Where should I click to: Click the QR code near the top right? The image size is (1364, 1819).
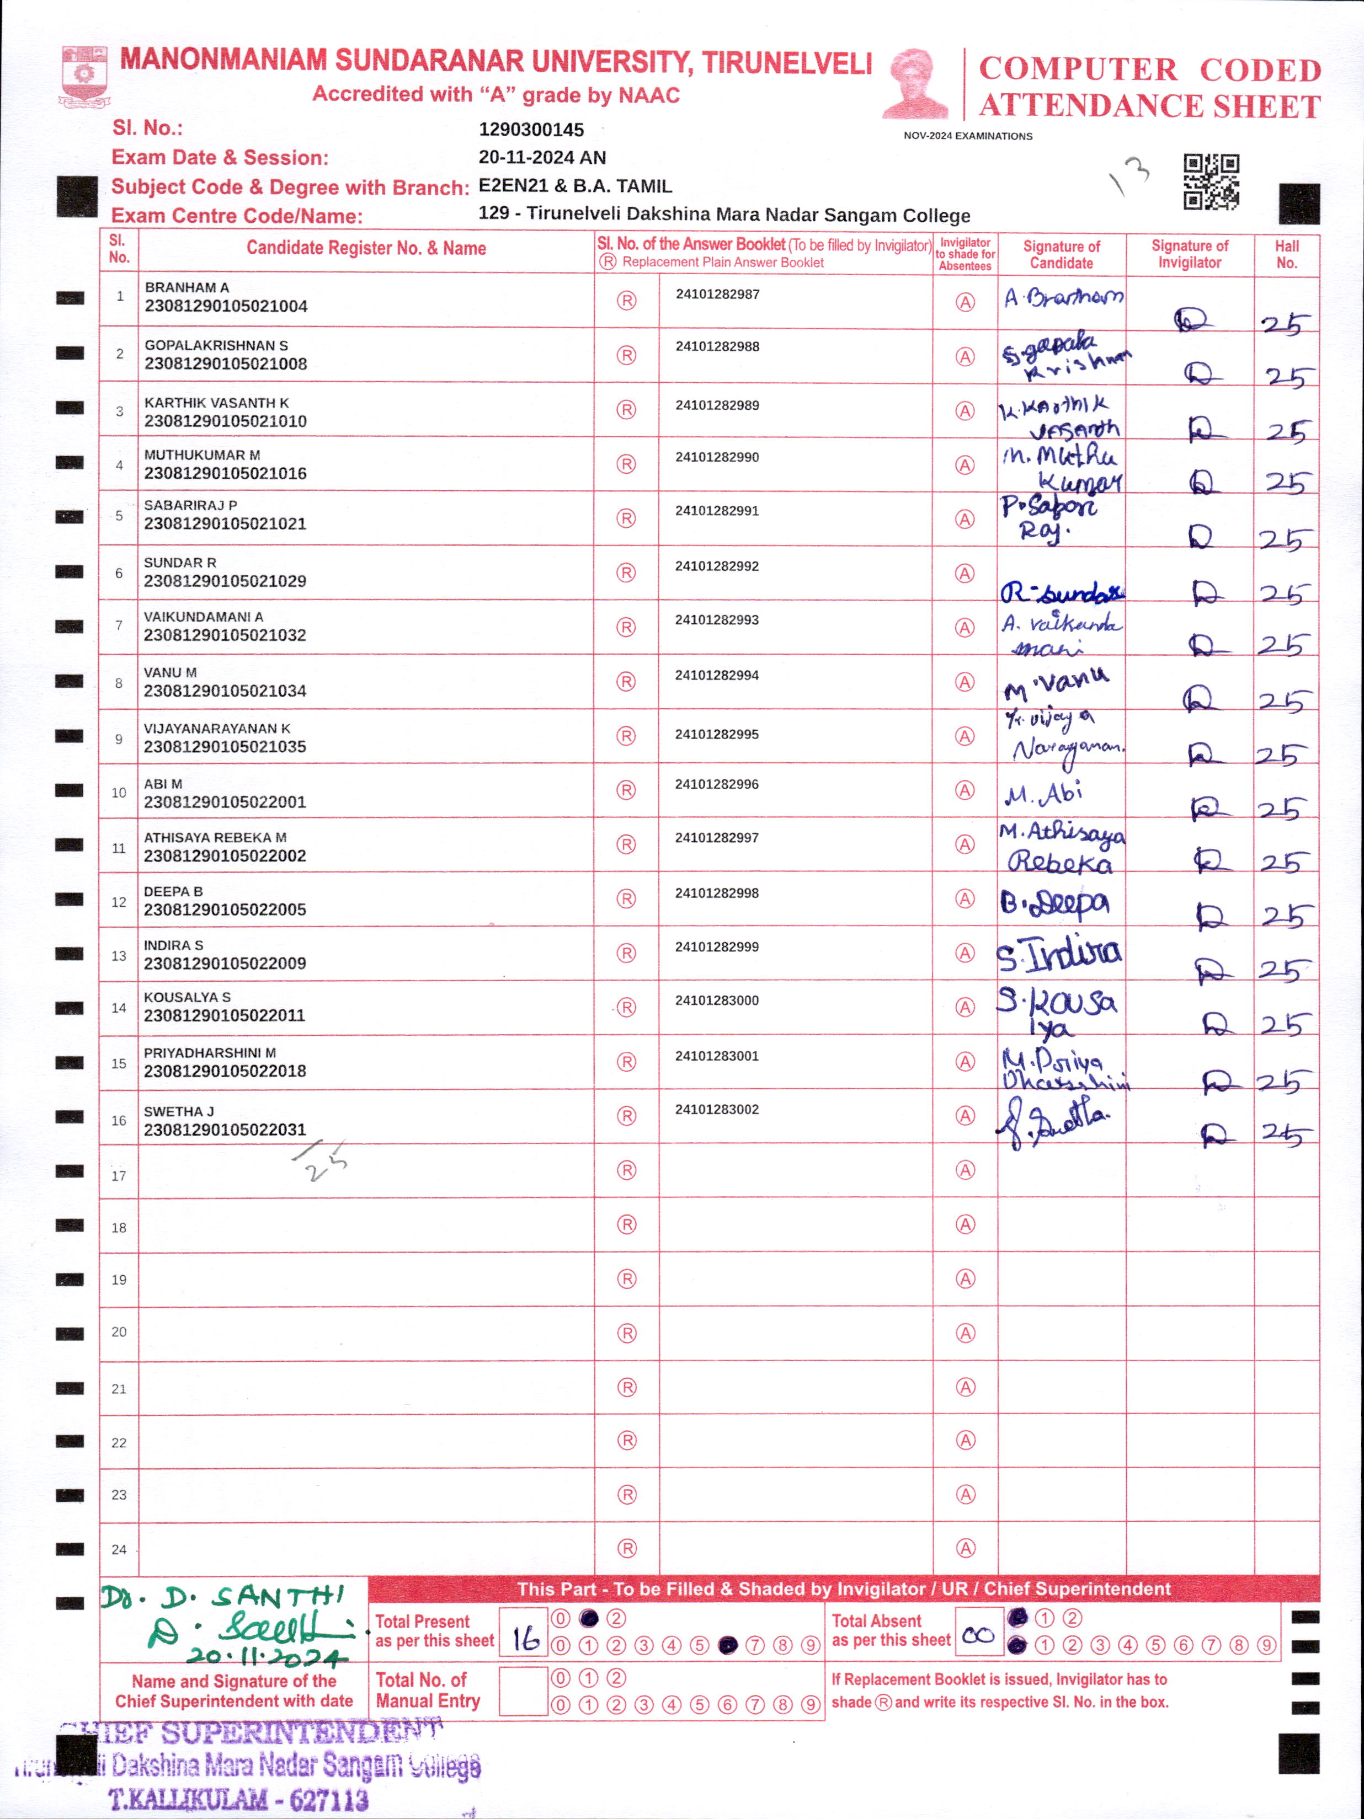(1211, 182)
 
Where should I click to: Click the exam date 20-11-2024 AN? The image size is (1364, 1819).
(542, 158)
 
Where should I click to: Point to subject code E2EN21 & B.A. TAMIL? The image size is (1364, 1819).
(575, 186)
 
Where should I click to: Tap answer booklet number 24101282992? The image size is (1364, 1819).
(717, 566)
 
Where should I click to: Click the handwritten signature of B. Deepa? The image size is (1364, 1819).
(1054, 903)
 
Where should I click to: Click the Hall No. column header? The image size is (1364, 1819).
(1287, 254)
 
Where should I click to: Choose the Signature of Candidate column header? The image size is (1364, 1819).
(1061, 254)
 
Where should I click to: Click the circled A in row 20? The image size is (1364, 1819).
(965, 1333)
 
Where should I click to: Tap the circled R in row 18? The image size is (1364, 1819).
(627, 1224)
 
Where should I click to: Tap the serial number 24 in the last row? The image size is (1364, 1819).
(119, 1549)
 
